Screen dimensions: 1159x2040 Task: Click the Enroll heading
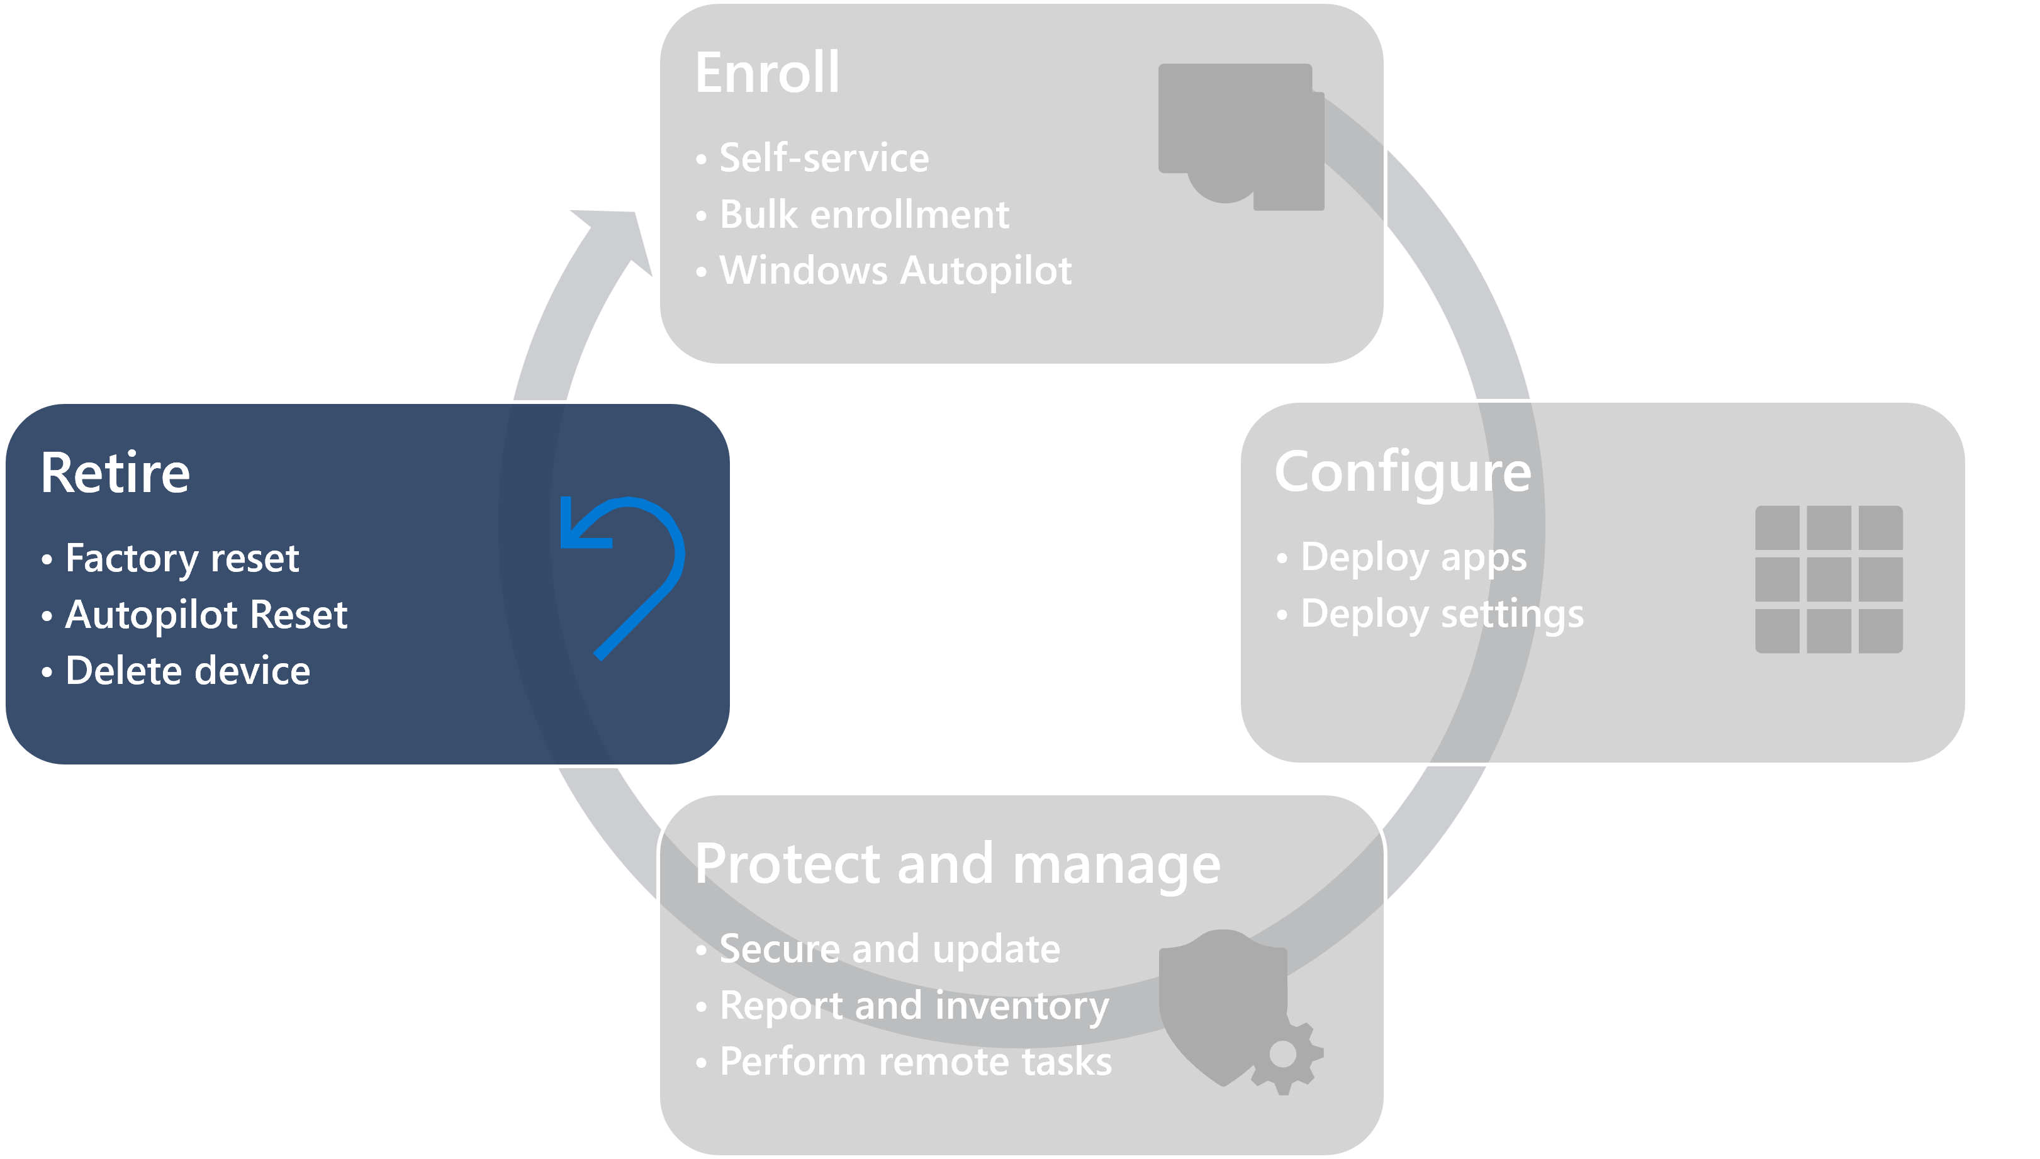pyautogui.click(x=766, y=72)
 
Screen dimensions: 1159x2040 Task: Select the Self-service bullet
pyautogui.click(x=824, y=157)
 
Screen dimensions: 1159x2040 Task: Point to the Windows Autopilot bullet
pyautogui.click(x=895, y=271)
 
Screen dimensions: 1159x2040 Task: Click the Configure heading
pyautogui.click(x=1403, y=473)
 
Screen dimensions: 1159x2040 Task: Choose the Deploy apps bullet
pyautogui.click(x=1413, y=557)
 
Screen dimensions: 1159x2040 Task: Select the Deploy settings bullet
pyautogui.click(x=1442, y=613)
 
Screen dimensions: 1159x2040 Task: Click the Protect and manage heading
pyautogui.click(x=956, y=865)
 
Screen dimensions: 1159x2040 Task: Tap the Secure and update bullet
pyautogui.click(x=889, y=949)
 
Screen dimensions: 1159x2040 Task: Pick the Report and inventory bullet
pyautogui.click(x=914, y=1005)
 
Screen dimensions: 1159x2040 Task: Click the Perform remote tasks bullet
pyautogui.click(x=916, y=1062)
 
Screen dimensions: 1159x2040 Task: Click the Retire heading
pyautogui.click(x=115, y=474)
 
